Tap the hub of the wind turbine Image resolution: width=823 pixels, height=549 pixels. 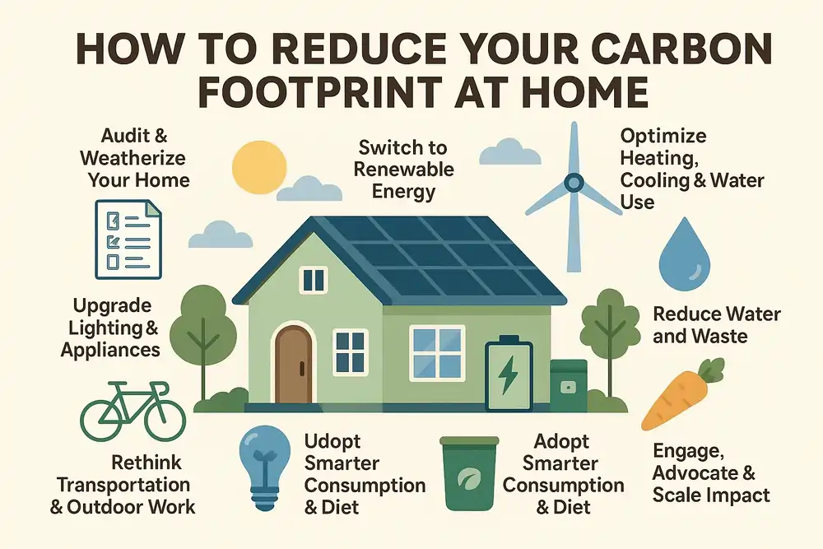574,182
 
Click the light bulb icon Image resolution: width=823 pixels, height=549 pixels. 263,465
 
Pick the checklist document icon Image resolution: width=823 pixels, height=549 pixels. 128,241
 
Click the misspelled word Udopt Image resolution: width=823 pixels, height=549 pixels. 332,441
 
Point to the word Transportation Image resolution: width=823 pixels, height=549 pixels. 123,485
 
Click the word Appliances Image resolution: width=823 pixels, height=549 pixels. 110,349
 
